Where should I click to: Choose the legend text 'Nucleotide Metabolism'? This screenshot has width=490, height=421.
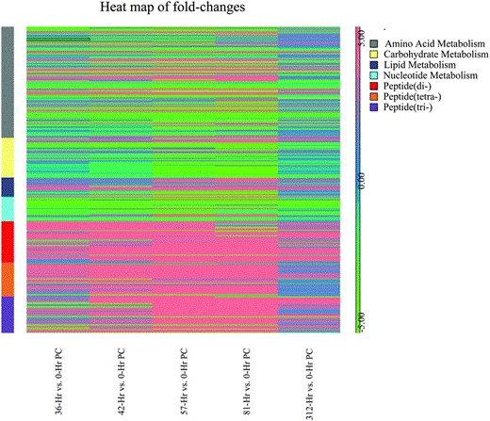pos(430,83)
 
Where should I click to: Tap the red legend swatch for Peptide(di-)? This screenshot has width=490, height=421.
pos(375,96)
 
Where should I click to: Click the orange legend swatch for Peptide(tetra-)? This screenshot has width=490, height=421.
pos(375,109)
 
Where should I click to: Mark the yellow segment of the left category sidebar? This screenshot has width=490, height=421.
pos(8,158)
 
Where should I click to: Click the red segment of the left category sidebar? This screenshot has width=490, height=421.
pos(8,241)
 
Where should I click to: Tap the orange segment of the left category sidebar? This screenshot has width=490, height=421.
pos(8,280)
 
